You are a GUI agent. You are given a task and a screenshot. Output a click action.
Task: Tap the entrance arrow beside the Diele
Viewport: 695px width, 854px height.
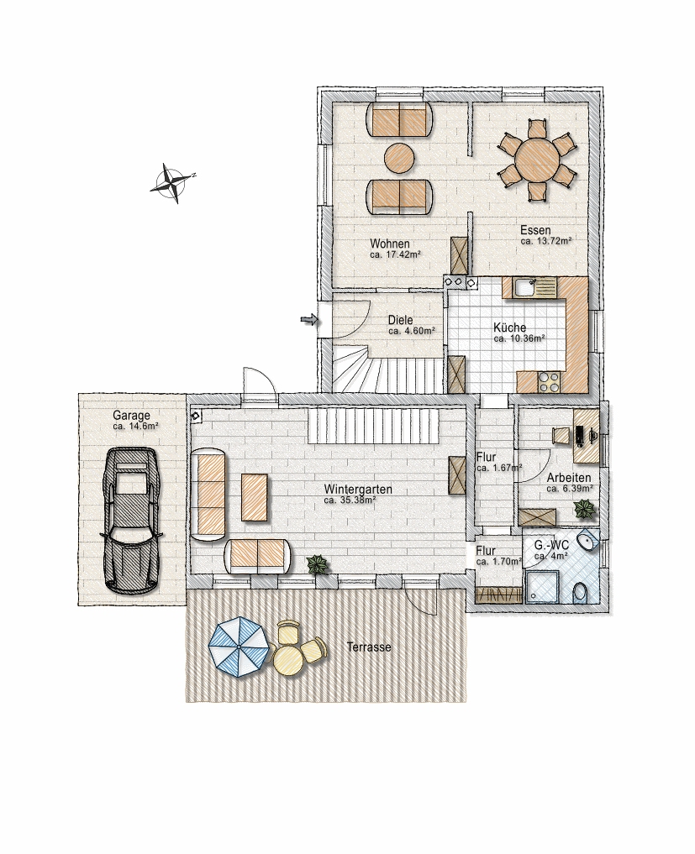tap(309, 320)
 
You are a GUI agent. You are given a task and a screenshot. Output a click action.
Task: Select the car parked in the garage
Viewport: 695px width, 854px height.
tap(130, 520)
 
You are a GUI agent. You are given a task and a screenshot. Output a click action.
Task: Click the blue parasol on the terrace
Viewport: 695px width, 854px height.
tap(239, 646)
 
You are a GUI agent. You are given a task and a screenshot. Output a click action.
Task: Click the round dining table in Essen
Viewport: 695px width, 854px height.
tap(538, 159)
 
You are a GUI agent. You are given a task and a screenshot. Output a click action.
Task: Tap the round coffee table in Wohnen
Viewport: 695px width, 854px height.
tap(399, 159)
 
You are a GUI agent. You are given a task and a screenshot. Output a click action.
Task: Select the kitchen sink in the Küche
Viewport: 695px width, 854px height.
tap(527, 287)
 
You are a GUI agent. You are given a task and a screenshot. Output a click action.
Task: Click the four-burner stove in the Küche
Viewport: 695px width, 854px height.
tap(549, 381)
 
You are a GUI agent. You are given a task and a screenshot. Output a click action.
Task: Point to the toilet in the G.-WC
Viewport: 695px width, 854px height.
tap(581, 592)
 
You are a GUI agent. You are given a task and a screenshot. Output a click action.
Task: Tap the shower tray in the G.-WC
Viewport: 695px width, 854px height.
tap(541, 587)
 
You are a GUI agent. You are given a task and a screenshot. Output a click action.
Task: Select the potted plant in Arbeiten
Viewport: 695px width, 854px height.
tap(585, 509)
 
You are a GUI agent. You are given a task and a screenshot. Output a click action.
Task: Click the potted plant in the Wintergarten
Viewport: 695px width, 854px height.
tap(319, 564)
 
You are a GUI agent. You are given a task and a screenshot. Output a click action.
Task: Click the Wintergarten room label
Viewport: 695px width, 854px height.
tap(357, 489)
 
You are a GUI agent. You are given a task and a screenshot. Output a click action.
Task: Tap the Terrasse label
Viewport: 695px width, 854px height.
tap(369, 647)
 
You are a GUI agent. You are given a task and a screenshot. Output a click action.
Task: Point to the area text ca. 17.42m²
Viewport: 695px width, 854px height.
tap(395, 254)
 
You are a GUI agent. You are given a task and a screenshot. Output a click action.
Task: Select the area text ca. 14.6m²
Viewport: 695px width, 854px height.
tap(136, 427)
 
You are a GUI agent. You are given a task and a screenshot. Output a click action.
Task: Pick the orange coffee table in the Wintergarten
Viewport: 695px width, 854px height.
tap(255, 497)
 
